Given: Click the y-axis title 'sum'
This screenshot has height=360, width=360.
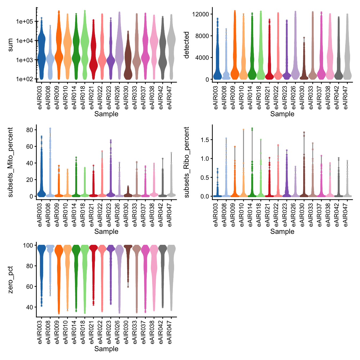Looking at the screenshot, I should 10,45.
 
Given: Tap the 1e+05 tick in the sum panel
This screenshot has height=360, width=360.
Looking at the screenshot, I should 25,21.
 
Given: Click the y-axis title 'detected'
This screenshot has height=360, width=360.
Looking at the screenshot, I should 187,45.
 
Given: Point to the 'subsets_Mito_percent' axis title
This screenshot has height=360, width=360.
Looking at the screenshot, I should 10,162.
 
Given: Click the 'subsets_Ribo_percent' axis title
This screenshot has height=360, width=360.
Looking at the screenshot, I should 187,162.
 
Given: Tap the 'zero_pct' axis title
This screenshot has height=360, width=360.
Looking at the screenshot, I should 10,280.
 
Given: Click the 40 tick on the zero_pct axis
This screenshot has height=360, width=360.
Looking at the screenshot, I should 29,307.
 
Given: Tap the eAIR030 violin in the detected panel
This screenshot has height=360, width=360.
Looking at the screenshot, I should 304,72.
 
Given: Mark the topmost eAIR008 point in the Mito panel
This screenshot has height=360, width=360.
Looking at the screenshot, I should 50,129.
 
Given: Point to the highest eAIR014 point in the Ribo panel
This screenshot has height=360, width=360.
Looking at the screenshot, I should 252,128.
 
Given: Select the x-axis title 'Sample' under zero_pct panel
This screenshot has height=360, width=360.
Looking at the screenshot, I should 106,349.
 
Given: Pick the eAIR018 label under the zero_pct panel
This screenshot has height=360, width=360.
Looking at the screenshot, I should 84,332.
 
